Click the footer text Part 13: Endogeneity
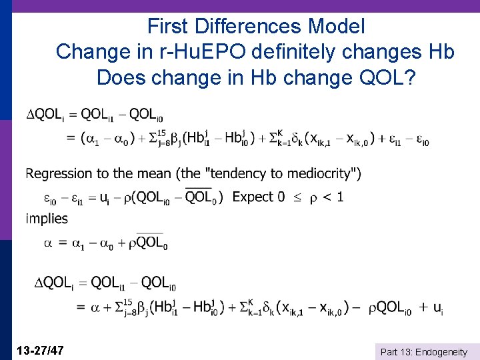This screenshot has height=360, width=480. tap(423, 351)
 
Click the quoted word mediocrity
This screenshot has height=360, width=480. tap(318, 173)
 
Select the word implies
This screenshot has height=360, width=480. tap(47, 218)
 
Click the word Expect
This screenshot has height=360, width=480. tap(253, 197)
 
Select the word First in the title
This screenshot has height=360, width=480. tap(167, 27)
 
